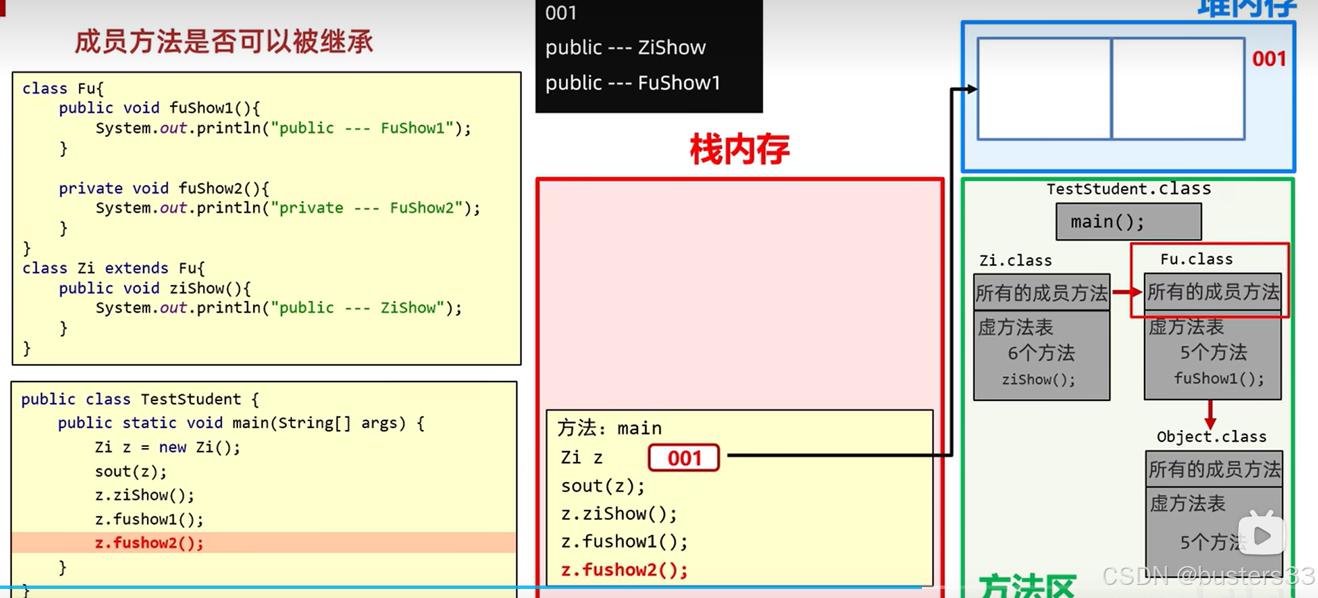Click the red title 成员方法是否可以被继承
tap(223, 42)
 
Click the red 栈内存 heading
tap(739, 150)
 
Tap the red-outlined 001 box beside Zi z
tap(684, 458)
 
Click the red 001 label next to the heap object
tap(1269, 59)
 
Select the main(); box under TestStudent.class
tap(1128, 222)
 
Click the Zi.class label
tap(1015, 261)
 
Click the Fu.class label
tap(1196, 259)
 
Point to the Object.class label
tap(1211, 436)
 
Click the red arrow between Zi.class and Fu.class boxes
tap(1127, 292)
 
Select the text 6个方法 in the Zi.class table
tap(1041, 353)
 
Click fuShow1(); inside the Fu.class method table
tap(1218, 379)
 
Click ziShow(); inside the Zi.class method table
tap(1038, 379)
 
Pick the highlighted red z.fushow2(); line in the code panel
tap(149, 543)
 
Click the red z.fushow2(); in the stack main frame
tap(624, 570)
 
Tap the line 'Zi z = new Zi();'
tap(167, 447)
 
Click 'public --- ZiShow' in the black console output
tap(625, 47)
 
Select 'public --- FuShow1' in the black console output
tap(633, 83)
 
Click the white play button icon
tap(1262, 535)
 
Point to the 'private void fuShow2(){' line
tap(164, 188)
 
